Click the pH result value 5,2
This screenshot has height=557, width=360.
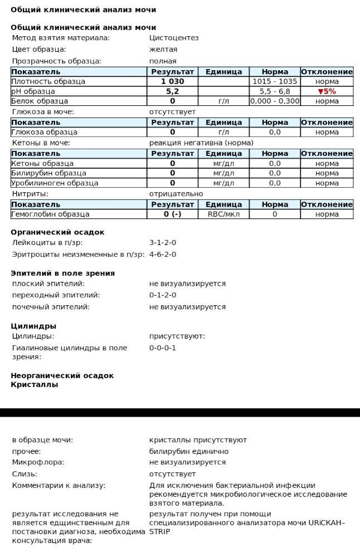[172, 91]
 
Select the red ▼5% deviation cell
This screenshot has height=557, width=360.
[327, 91]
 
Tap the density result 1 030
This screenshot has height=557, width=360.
[172, 81]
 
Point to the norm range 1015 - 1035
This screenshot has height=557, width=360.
[275, 81]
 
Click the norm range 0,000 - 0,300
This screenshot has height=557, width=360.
[275, 101]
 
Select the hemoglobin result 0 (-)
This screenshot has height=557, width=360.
[172, 214]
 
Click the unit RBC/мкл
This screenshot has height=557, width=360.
[223, 214]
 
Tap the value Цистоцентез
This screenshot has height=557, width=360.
[174, 38]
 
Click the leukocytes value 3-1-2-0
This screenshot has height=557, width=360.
[163, 243]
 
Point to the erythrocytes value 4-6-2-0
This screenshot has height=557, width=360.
[163, 255]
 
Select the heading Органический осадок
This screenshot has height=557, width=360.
[57, 232]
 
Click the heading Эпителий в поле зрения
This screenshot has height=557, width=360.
[62, 273]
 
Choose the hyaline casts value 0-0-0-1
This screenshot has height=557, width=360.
[163, 348]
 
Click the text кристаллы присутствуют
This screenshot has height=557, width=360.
[198, 440]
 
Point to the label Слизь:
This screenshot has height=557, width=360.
[25, 474]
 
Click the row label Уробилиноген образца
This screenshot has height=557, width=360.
[55, 183]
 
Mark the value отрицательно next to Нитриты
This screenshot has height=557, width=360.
[176, 194]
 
